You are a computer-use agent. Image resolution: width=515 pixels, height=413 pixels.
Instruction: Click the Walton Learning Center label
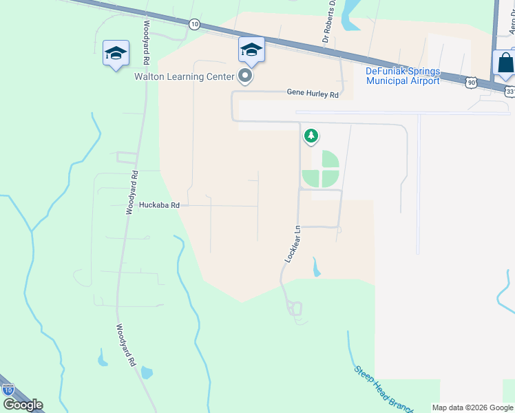pyautogui.click(x=181, y=76)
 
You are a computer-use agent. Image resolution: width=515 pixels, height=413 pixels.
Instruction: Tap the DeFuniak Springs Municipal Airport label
pyautogui.click(x=403, y=76)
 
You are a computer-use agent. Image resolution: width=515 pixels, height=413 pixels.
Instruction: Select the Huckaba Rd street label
pyautogui.click(x=159, y=205)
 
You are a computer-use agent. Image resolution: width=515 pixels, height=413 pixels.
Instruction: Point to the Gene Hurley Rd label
pyautogui.click(x=313, y=94)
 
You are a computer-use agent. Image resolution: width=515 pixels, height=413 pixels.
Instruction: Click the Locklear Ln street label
pyautogui.click(x=293, y=244)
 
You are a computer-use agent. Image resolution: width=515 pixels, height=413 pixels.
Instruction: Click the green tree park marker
pyautogui.click(x=311, y=136)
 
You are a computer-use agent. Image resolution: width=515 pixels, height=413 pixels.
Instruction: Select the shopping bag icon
pyautogui.click(x=505, y=63)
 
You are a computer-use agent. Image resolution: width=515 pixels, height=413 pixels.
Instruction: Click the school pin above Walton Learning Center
pyautogui.click(x=251, y=50)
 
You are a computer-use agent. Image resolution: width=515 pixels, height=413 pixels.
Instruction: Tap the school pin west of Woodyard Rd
pyautogui.click(x=116, y=54)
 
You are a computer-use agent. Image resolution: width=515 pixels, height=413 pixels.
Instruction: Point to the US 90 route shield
pyautogui.click(x=471, y=82)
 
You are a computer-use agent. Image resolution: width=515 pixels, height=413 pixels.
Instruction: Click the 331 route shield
pyautogui.click(x=509, y=91)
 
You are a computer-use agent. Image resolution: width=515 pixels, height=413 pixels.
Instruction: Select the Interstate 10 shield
pyautogui.click(x=8, y=390)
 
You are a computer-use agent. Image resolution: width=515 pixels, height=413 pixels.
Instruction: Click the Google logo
pyautogui.click(x=23, y=405)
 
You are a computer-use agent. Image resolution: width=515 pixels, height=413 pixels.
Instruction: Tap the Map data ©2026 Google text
pyautogui.click(x=472, y=407)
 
